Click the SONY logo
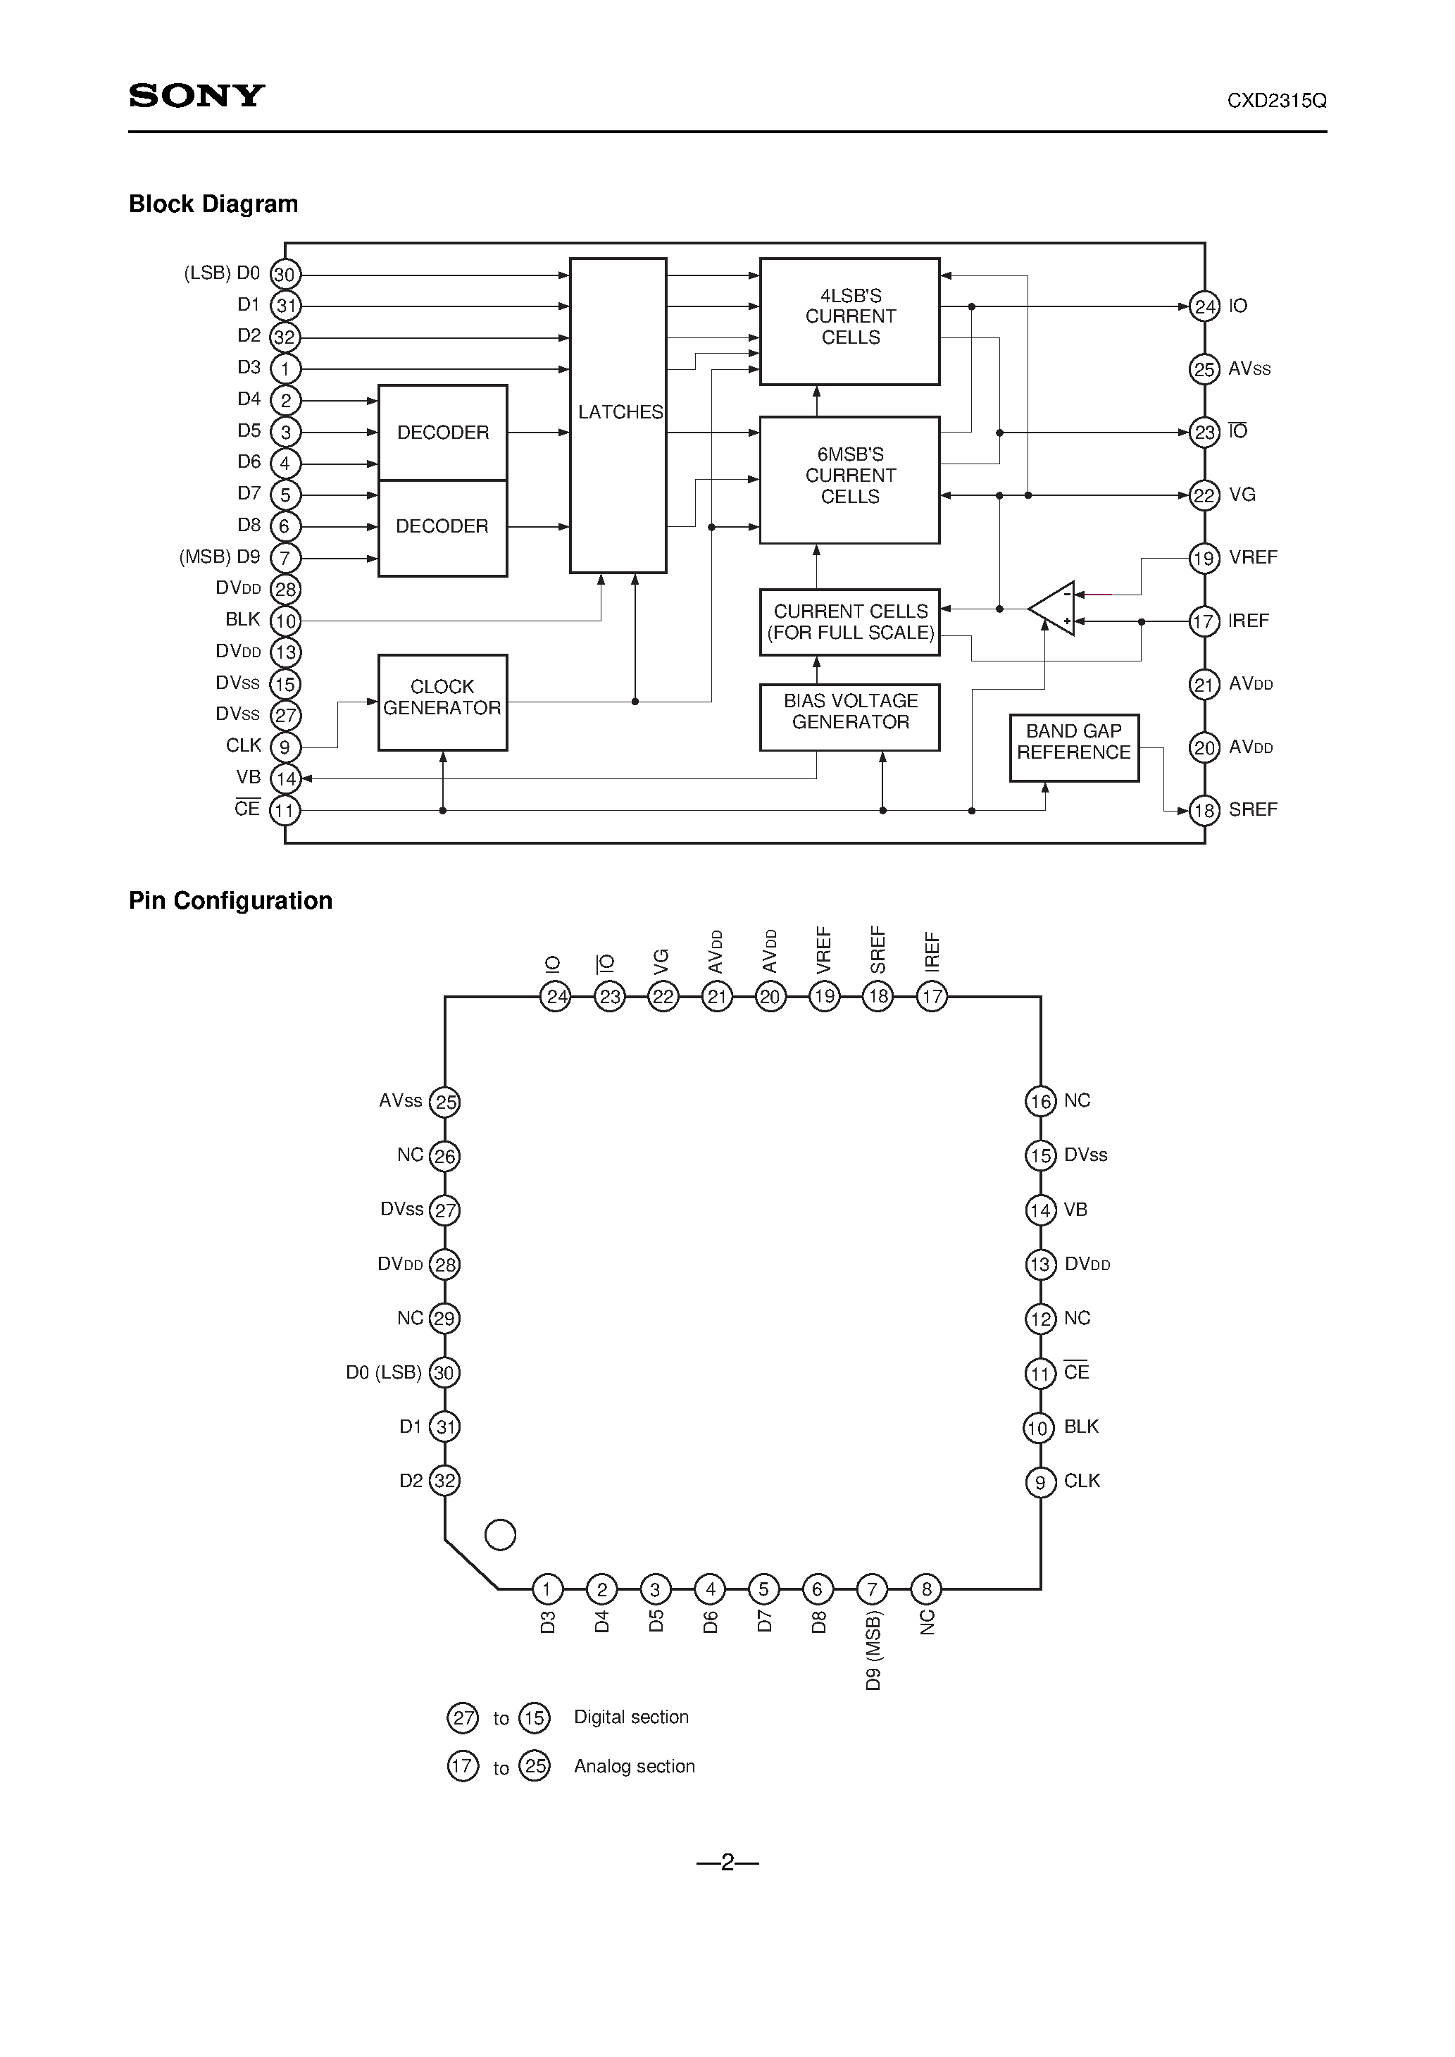point(196,96)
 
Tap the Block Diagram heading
point(213,204)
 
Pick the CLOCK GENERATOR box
point(442,702)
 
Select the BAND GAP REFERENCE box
point(1073,747)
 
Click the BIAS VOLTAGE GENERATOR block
point(849,716)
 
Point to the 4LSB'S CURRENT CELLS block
point(849,321)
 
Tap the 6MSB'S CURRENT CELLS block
point(849,479)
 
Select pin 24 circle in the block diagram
point(1204,306)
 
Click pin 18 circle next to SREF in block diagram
point(1204,811)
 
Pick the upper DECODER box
point(442,433)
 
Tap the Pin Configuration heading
point(230,900)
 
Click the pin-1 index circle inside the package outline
point(500,1535)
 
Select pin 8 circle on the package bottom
point(926,1589)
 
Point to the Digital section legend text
point(631,1717)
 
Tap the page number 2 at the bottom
point(727,1863)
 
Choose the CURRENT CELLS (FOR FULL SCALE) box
point(849,622)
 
